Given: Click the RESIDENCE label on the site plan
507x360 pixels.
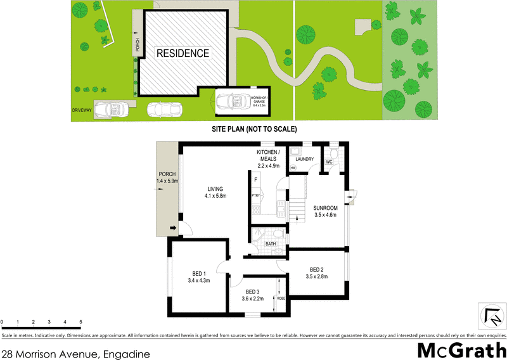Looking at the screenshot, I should pyautogui.click(x=183, y=53).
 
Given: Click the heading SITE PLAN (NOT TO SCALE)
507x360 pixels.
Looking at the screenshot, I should pyautogui.click(x=254, y=129).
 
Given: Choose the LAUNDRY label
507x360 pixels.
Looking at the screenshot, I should pyautogui.click(x=304, y=159).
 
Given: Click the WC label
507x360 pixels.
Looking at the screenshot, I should pyautogui.click(x=329, y=162).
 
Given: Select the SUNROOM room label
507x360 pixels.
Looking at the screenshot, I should pyautogui.click(x=324, y=211).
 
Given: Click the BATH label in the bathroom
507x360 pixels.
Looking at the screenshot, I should pyautogui.click(x=269, y=243).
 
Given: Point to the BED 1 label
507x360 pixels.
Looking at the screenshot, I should pyautogui.click(x=198, y=276).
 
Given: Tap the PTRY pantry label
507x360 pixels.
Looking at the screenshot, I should pyautogui.click(x=256, y=196).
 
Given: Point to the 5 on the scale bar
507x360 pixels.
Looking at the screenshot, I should pyautogui.click(x=80, y=323).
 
